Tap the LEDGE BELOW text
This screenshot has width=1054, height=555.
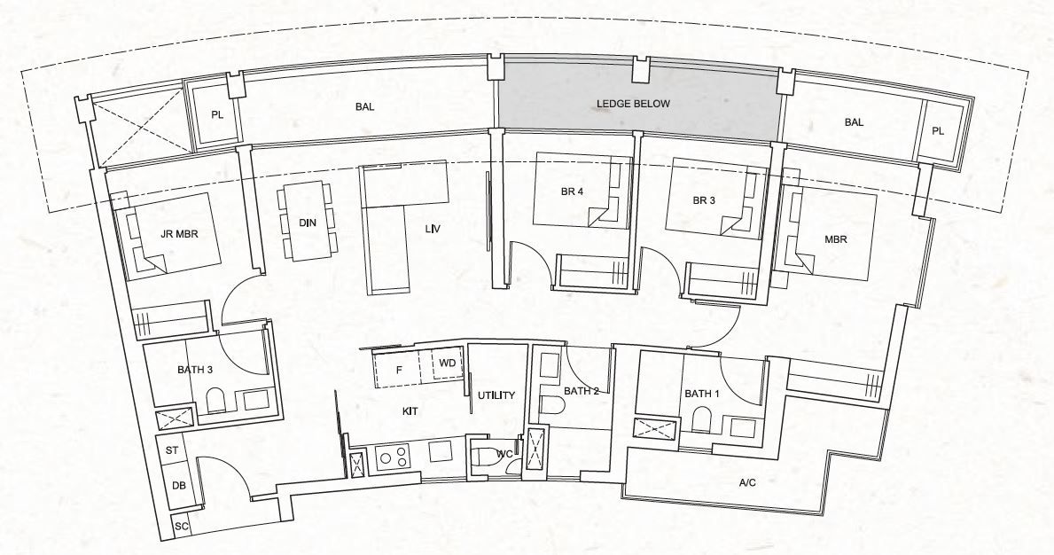633,104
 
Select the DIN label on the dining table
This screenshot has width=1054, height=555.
308,222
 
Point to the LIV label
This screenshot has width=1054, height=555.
433,229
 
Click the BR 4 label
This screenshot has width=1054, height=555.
572,192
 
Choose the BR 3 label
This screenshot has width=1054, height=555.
705,200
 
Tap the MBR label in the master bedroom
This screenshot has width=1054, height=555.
836,239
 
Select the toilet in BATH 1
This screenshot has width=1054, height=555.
703,419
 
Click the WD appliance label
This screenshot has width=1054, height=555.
448,363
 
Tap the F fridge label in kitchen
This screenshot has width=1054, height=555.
399,370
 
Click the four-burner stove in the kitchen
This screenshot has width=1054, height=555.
392,457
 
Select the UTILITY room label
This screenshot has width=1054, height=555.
496,395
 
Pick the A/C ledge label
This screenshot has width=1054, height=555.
747,482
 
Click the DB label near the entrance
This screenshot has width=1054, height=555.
178,485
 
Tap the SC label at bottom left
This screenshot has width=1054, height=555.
182,527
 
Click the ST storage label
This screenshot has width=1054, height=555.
172,450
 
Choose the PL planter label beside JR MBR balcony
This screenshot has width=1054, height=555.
216,114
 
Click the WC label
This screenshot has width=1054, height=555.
504,454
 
